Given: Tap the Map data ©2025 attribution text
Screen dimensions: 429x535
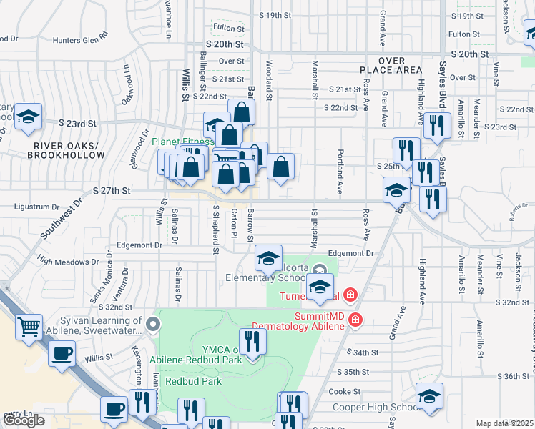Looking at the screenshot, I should click(505, 423).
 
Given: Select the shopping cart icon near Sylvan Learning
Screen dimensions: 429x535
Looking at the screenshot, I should click(29, 327).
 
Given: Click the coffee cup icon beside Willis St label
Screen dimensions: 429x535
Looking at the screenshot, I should click(62, 352).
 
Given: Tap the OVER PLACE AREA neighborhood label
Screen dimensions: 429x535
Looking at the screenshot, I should click(390, 66).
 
